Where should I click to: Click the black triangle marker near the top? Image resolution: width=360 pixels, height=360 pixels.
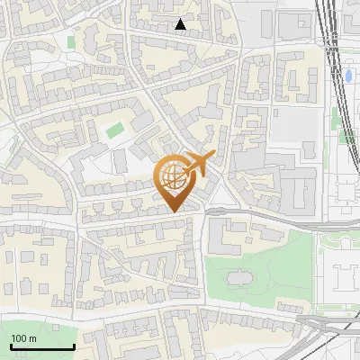(x=181, y=25)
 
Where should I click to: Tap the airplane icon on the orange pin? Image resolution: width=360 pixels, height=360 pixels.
(x=198, y=165)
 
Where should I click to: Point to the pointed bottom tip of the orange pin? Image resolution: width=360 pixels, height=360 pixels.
(x=174, y=211)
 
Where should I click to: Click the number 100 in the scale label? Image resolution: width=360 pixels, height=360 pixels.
(x=20, y=338)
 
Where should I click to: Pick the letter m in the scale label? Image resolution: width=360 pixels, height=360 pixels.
(x=33, y=338)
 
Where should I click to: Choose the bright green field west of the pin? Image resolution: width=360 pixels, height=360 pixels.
(x=113, y=131)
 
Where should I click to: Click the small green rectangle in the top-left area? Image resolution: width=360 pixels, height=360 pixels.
(x=71, y=41)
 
